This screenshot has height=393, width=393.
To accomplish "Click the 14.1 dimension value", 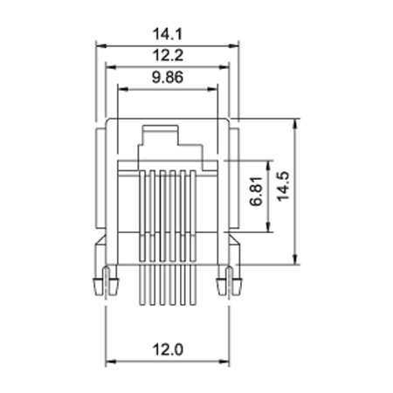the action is click(x=168, y=34).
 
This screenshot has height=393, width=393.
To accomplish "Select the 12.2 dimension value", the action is click(x=168, y=55).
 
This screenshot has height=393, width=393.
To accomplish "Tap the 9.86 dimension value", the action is click(x=168, y=78).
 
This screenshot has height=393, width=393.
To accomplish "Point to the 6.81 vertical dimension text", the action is click(x=256, y=191).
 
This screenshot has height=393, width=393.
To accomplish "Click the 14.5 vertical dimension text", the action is click(x=283, y=186).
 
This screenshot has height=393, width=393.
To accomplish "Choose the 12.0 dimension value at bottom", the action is click(x=168, y=349).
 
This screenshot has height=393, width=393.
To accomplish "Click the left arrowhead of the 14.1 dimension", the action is click(x=100, y=45).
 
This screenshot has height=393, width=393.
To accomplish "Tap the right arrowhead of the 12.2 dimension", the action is click(x=224, y=67).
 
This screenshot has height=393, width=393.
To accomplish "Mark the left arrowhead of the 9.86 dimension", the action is click(x=122, y=89).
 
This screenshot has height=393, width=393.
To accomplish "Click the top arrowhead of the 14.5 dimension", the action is click(x=295, y=123).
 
